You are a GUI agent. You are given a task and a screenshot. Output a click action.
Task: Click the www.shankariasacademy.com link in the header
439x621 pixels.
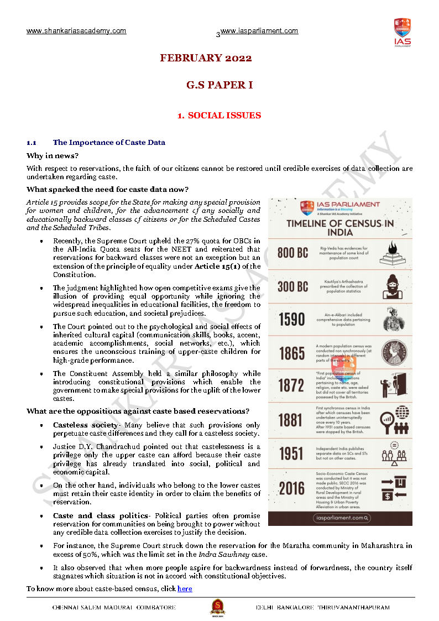point(76,31)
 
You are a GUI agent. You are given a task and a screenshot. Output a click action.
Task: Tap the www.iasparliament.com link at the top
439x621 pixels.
point(259,31)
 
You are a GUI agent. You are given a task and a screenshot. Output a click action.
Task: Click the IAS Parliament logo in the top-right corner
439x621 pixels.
point(402,32)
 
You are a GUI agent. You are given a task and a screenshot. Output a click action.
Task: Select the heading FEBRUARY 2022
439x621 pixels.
point(206,58)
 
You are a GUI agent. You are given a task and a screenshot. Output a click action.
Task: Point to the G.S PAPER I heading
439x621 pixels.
point(219,85)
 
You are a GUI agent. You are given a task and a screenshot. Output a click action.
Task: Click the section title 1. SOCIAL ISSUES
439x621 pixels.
point(219,116)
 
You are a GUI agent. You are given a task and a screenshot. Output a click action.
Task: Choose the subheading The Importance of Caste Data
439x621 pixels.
point(109,142)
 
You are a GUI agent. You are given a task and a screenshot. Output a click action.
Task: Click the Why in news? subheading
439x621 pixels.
point(53,155)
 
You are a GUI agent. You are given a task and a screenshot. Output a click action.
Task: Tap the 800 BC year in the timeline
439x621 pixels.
point(292,253)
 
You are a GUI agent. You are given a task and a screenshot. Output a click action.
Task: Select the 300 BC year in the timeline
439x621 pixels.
point(292,286)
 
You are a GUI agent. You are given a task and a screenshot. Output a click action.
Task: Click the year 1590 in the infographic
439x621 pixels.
point(291,319)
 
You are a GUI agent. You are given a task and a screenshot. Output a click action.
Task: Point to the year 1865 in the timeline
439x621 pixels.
point(291,353)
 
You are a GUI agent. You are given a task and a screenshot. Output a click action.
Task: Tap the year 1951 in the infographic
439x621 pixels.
point(291,453)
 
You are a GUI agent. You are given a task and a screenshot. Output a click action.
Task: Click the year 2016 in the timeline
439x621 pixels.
point(291,488)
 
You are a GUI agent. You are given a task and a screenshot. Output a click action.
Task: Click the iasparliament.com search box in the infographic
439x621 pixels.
point(341,518)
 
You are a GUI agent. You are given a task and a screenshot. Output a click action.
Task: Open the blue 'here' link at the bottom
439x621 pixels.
point(185,588)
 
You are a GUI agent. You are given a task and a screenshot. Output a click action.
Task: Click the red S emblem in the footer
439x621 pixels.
point(217,607)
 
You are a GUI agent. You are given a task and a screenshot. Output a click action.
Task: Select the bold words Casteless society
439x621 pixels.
point(85,425)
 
